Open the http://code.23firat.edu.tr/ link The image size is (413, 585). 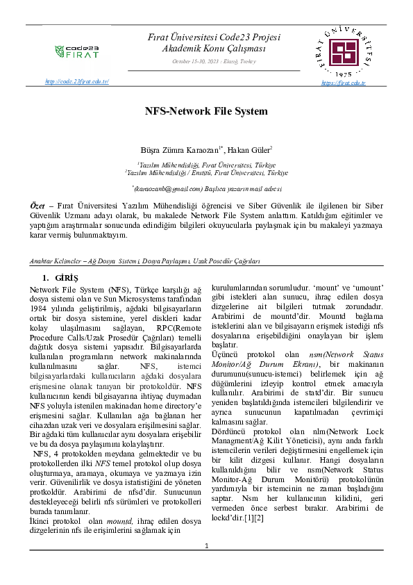77,82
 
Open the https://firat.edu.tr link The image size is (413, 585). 343,83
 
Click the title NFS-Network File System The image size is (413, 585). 205,111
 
